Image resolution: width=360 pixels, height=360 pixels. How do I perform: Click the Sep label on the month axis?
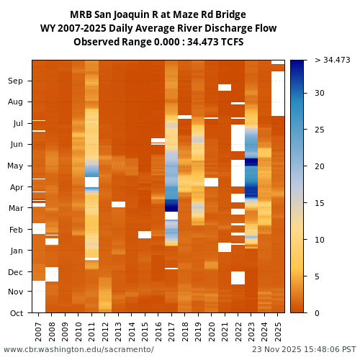(15, 81)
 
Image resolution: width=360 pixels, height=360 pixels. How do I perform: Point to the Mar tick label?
(15, 208)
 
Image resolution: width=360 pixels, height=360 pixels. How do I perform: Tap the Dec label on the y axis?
(15, 271)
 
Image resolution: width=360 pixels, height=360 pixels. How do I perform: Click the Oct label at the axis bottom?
(16, 312)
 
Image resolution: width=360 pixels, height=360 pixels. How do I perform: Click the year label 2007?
(38, 331)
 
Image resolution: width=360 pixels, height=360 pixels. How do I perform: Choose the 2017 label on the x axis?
(171, 331)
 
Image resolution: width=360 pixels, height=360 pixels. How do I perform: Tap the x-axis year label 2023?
(251, 331)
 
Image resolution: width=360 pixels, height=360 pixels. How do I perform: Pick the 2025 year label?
(278, 331)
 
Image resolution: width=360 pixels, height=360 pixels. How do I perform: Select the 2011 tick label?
(91, 331)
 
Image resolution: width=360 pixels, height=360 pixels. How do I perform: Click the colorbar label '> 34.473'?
(332, 60)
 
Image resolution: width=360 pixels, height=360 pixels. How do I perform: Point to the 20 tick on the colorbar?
(319, 166)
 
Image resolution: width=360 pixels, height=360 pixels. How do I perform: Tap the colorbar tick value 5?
(317, 276)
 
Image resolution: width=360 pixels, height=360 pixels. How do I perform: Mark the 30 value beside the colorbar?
(319, 93)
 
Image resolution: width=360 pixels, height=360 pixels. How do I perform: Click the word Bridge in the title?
(230, 14)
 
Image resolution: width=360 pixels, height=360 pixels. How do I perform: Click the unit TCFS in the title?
(230, 42)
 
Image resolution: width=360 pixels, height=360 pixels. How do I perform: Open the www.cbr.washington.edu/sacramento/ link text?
(78, 350)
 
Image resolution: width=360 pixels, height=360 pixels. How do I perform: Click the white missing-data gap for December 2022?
(238, 278)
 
